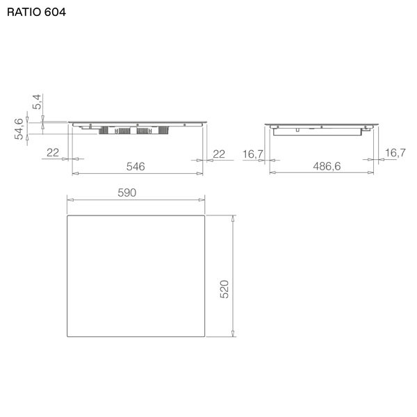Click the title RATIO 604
[36, 13]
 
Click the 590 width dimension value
[127, 193]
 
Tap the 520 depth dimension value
[224, 289]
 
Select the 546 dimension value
[136, 167]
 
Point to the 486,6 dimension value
[327, 166]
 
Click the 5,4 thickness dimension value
[38, 101]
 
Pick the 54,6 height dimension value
[19, 129]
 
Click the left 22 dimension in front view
[53, 153]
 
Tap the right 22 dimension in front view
[219, 154]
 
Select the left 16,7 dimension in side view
[253, 154]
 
